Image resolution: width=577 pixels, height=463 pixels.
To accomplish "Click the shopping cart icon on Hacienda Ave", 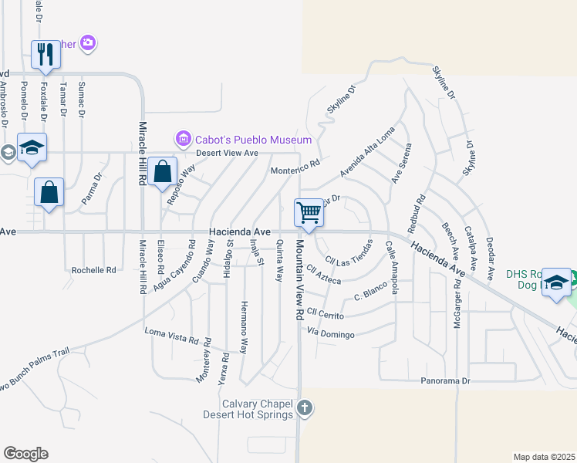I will [309, 212].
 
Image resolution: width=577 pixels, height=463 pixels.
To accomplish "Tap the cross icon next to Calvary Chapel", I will [305, 407].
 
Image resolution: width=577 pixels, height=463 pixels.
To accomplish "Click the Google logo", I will [25, 454].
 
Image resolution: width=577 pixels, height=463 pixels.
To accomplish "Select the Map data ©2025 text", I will [544, 457].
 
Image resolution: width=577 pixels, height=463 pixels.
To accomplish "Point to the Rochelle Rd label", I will [93, 271].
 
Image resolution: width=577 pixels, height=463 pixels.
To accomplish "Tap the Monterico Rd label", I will [295, 167].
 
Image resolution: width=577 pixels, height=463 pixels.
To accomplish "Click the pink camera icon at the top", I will [89, 42].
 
